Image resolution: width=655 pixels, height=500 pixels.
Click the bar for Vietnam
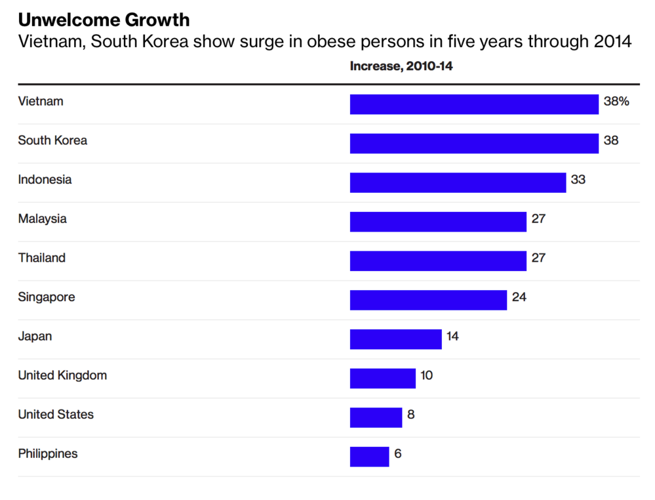click(473, 104)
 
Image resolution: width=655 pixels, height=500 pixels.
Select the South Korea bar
click(473, 143)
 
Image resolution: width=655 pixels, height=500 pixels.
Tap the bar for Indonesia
click(458, 182)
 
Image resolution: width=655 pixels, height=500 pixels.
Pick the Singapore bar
click(427, 300)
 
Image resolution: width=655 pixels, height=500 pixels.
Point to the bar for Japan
click(395, 339)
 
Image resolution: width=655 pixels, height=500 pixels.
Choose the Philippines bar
click(369, 457)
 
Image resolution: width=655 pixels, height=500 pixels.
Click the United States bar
click(376, 417)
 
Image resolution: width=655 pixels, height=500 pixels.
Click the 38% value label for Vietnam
click(616, 102)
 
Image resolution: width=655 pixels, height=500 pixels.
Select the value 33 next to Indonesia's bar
click(578, 179)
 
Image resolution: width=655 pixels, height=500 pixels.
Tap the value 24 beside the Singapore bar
click(519, 297)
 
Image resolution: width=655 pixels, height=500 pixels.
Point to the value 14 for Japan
click(452, 337)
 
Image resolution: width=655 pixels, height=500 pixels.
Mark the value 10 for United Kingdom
click(426, 375)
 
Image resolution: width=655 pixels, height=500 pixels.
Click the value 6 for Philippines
click(397, 453)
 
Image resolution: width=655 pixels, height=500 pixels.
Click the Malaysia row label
click(42, 219)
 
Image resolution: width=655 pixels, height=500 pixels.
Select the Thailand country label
click(41, 258)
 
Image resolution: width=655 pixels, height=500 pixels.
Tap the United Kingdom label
click(62, 375)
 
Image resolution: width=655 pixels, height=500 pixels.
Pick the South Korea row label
click(52, 140)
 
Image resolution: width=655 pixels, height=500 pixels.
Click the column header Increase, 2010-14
click(401, 66)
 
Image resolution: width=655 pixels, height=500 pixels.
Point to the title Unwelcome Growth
click(104, 20)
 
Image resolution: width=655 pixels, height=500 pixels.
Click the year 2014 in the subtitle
click(613, 43)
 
